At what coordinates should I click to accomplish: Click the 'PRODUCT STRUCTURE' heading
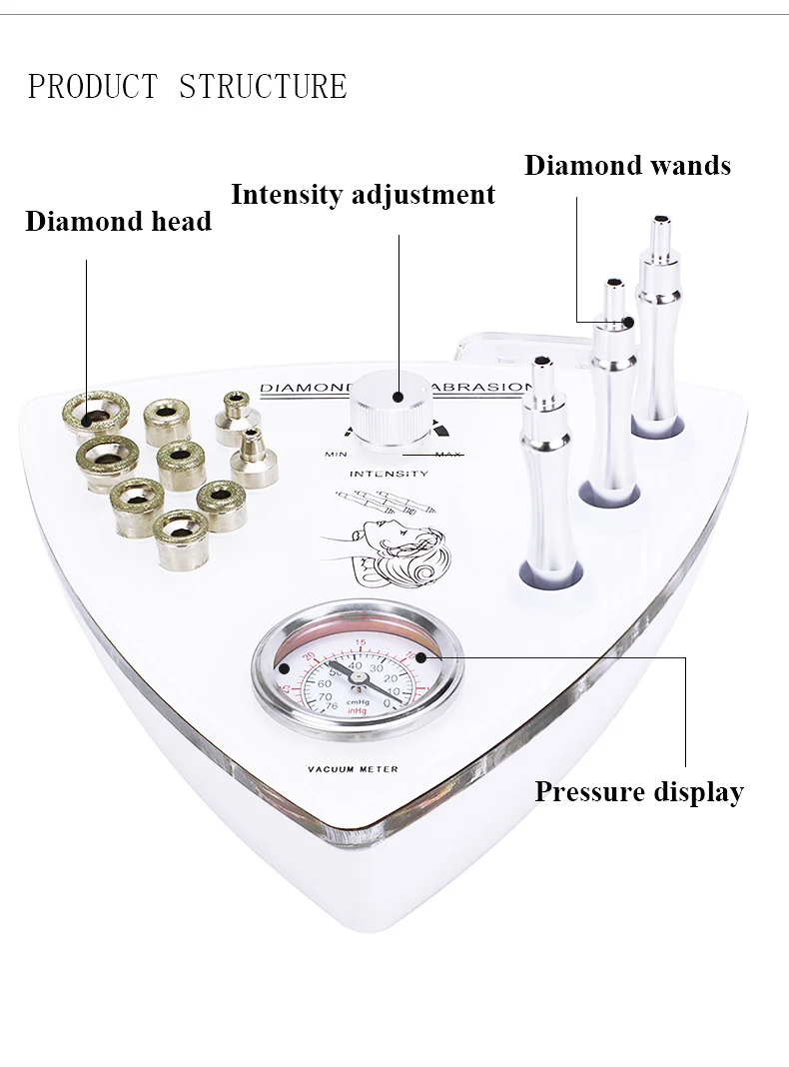187,87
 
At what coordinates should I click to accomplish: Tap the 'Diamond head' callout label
118,221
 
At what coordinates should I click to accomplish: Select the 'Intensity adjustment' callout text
363,194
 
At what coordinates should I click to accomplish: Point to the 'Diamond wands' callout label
627,165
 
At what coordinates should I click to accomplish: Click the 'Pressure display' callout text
639,792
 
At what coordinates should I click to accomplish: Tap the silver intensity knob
395,410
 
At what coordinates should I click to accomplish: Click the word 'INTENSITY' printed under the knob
390,474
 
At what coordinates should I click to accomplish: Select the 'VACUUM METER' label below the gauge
353,769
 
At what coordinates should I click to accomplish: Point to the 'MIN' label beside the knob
336,456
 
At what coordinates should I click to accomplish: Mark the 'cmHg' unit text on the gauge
358,702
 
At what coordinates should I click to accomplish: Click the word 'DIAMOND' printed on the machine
300,389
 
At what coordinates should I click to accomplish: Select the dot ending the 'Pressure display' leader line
420,657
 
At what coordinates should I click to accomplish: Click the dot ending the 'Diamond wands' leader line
628,322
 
